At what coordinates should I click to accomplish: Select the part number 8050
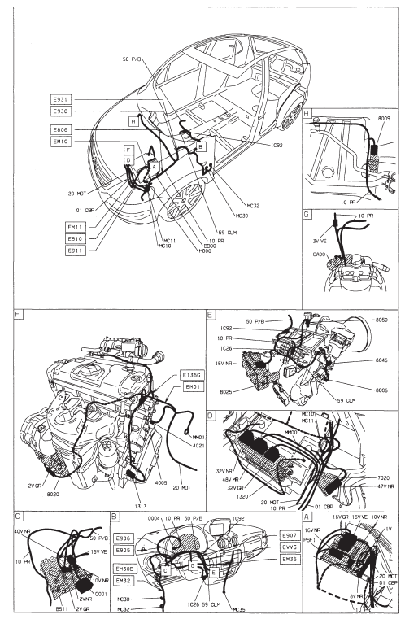(384, 321)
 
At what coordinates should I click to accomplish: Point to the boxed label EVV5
(289, 547)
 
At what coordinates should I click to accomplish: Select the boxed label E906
(124, 538)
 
